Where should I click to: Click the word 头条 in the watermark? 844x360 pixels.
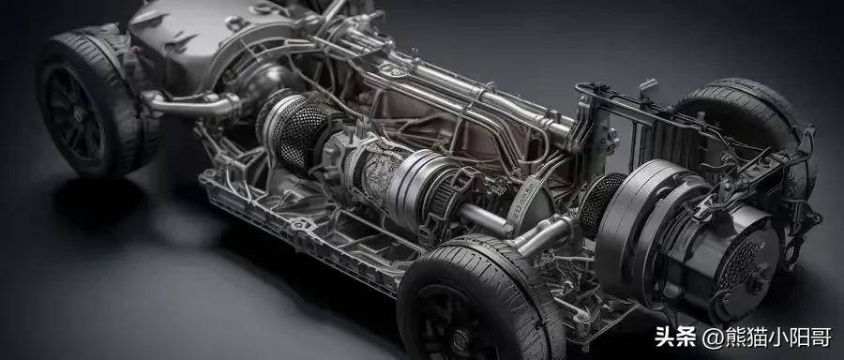pyautogui.click(x=675, y=337)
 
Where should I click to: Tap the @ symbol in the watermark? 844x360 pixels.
pyautogui.click(x=711, y=337)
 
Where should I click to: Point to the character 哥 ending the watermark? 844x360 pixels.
pyautogui.click(x=821, y=337)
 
